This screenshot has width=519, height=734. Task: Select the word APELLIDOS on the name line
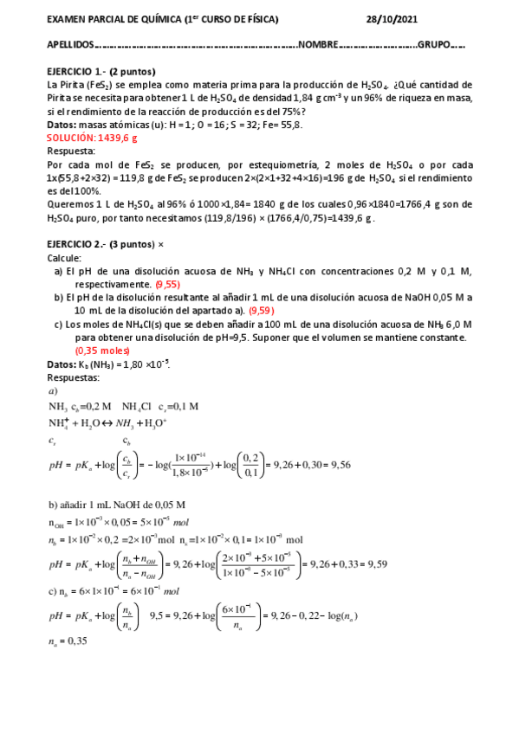[x=68, y=44]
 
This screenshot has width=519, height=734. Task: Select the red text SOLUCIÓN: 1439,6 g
[x=91, y=138]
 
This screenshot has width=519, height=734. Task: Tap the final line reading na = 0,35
[x=71, y=641]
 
